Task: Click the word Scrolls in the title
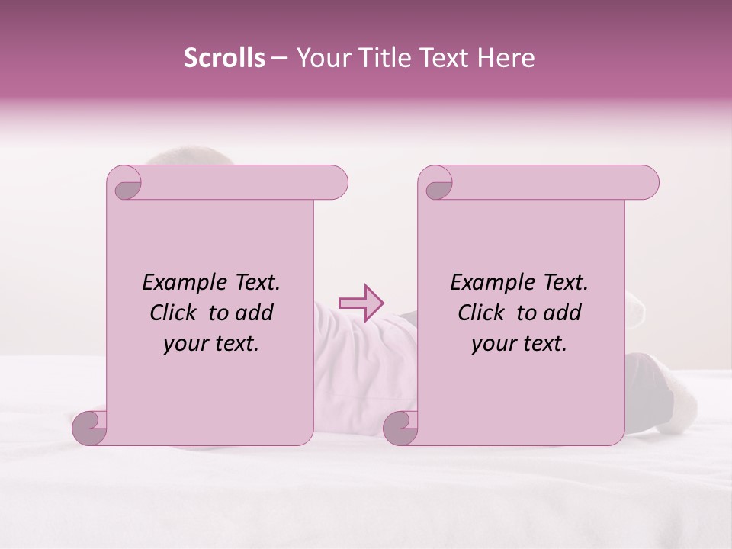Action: pos(225,58)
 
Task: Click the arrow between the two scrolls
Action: pos(361,303)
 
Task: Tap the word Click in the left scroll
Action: pos(175,313)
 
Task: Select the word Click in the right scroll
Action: pos(483,313)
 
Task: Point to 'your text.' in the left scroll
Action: pos(211,344)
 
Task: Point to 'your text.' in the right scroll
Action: pos(519,344)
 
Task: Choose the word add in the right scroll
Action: pos(563,313)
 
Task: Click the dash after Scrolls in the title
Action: pos(280,59)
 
